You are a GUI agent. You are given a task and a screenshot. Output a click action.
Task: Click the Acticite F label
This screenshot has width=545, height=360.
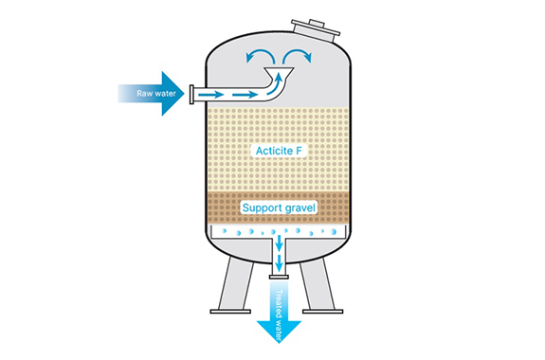tap(279, 151)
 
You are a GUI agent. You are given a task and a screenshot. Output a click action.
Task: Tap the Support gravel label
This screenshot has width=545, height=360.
tap(279, 207)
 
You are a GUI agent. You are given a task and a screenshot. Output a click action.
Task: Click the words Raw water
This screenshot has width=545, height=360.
tap(156, 94)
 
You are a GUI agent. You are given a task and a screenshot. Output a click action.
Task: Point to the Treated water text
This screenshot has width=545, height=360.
tap(280, 315)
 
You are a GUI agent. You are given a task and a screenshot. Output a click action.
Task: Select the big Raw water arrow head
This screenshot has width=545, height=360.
tap(173, 94)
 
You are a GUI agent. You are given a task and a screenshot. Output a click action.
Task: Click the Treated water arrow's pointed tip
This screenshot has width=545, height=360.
tap(279, 343)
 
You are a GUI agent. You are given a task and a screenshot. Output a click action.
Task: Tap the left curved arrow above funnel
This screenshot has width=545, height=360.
tap(260, 56)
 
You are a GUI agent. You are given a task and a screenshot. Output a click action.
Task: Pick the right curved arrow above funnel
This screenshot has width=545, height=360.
tap(298, 56)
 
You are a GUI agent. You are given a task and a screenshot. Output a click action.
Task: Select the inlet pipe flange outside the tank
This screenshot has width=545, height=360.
tap(191, 94)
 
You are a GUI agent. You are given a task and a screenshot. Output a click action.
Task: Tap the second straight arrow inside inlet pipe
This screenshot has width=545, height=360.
tap(245, 94)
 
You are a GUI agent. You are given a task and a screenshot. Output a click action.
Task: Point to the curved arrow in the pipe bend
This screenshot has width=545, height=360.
tap(275, 85)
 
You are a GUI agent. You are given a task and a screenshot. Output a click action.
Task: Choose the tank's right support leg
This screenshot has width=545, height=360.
tap(317, 284)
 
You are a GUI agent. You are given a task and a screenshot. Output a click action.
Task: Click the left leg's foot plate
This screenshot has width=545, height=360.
tap(230, 312)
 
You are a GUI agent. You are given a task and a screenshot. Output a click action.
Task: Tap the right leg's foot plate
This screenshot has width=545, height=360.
tap(323, 312)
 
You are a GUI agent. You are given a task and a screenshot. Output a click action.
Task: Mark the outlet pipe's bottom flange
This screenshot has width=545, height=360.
tap(279, 277)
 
